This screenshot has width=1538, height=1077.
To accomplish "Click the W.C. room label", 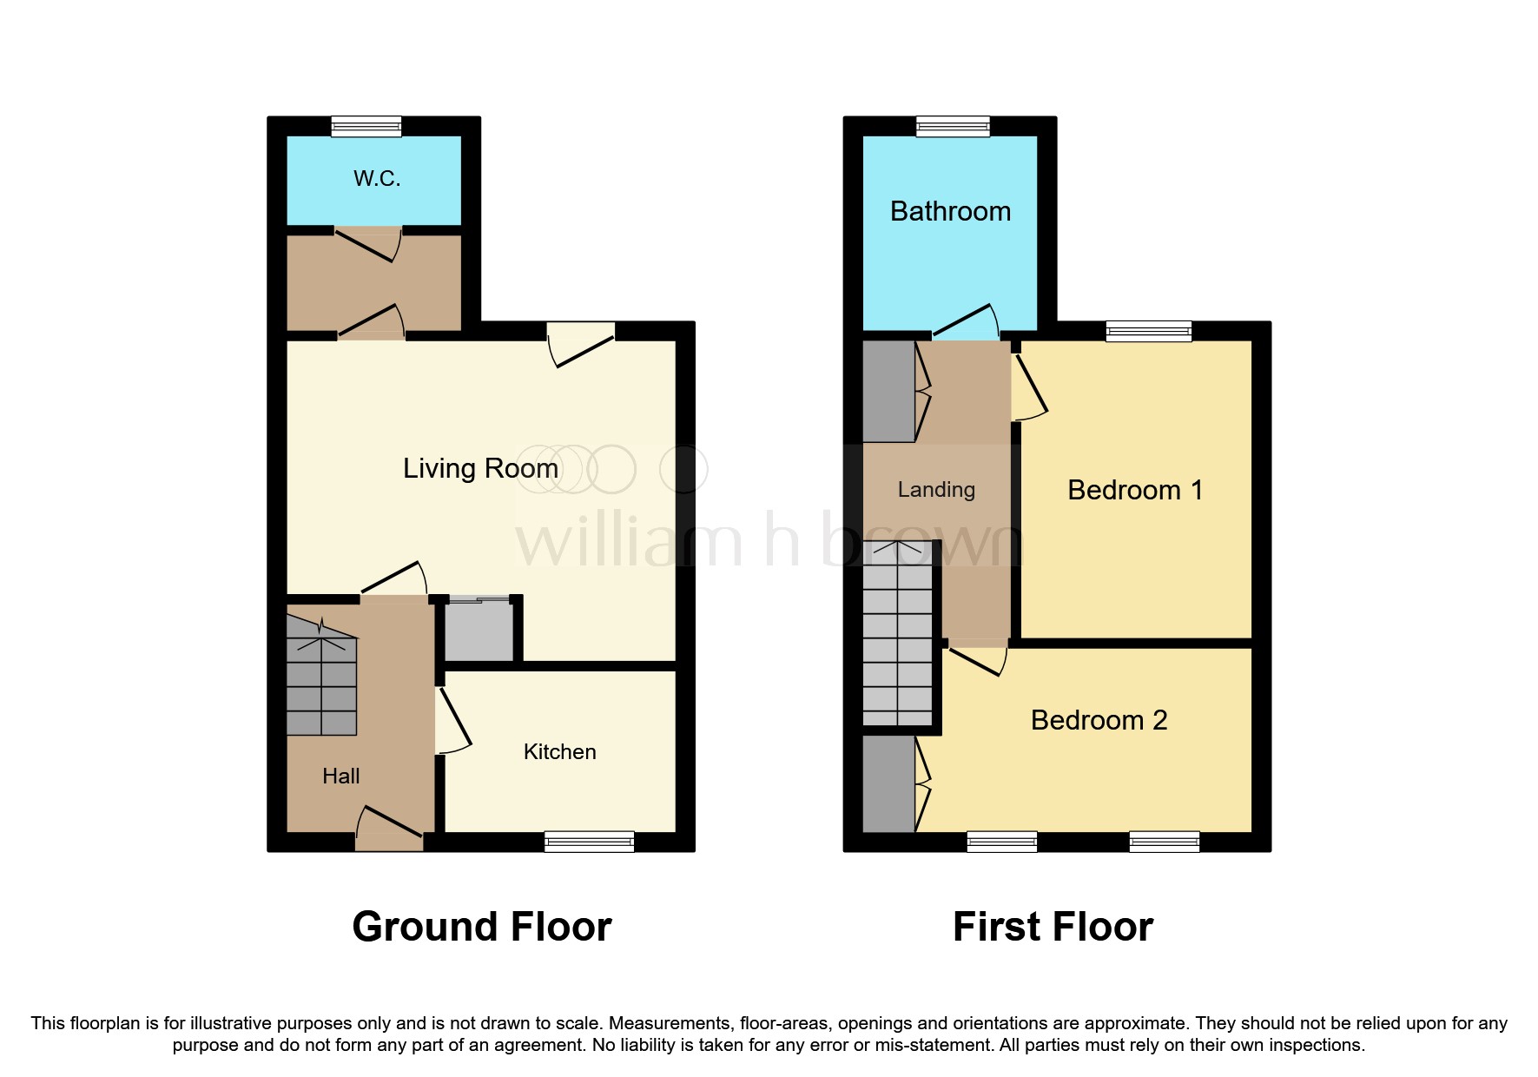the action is (x=377, y=179).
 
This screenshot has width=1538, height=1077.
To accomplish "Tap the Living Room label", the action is (x=480, y=468).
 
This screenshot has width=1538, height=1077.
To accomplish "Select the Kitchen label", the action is (x=559, y=752).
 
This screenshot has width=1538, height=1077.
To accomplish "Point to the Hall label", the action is (x=340, y=776).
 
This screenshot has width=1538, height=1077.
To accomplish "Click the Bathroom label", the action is (x=950, y=212).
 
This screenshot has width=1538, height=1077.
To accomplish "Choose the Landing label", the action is (x=936, y=491).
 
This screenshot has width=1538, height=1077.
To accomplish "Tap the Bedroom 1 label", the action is (x=1135, y=491).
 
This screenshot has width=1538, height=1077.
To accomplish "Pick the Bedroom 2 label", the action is (x=1099, y=720).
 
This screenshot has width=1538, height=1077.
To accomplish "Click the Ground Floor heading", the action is (x=482, y=927).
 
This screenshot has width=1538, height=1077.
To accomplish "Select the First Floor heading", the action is (x=1053, y=927).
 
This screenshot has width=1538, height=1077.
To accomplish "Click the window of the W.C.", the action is (x=366, y=127).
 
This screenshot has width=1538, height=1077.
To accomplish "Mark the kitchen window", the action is (x=589, y=842).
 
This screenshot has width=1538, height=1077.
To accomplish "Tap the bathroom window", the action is (x=954, y=127).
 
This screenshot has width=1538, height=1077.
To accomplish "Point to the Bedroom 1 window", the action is (x=1149, y=332).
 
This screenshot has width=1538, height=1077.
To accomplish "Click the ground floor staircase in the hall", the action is (x=321, y=675).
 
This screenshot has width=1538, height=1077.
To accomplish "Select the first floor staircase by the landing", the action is (x=898, y=633).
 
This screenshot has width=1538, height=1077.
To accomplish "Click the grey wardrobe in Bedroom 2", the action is (x=888, y=784).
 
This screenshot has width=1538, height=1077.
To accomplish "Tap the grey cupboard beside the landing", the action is (x=888, y=391).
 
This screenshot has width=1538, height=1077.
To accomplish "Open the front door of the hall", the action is (x=389, y=829).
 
